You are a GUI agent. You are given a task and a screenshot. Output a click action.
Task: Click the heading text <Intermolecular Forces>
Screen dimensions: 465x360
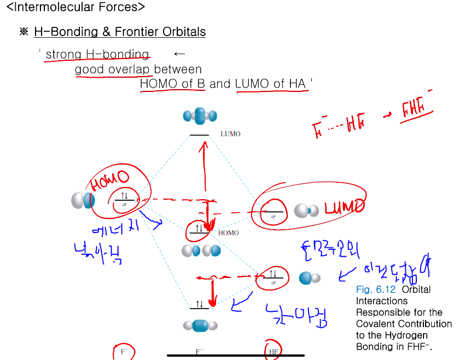pos(75,8)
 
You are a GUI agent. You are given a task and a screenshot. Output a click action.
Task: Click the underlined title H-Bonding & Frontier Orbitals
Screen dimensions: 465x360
pos(120,32)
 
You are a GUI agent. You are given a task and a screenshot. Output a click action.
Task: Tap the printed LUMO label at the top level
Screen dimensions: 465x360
pos(230,134)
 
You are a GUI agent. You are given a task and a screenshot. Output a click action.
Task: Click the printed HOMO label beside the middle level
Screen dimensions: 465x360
pos(228,233)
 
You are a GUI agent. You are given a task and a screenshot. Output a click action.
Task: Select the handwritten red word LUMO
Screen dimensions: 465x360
pos(344,207)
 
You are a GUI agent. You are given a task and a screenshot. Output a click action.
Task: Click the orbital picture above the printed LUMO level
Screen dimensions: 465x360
pos(200,115)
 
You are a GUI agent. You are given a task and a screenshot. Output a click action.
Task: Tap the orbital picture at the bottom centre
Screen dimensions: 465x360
pos(200,326)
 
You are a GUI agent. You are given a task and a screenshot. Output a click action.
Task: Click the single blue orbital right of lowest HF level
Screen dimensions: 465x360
pos(309,278)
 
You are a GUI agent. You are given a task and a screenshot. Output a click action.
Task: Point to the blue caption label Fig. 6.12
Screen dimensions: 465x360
pos(375,289)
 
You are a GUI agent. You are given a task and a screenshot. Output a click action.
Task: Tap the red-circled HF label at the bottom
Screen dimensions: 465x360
pos(273,352)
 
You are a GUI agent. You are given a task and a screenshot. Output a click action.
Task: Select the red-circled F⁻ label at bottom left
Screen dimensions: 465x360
pos(124,352)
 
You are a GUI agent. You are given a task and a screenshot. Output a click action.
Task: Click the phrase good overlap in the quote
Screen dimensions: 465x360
pos(113,69)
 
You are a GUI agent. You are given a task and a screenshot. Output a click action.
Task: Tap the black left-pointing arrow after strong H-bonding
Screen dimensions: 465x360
pos(179,54)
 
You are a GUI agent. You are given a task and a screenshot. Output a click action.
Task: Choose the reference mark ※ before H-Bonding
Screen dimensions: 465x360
pos(24,32)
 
